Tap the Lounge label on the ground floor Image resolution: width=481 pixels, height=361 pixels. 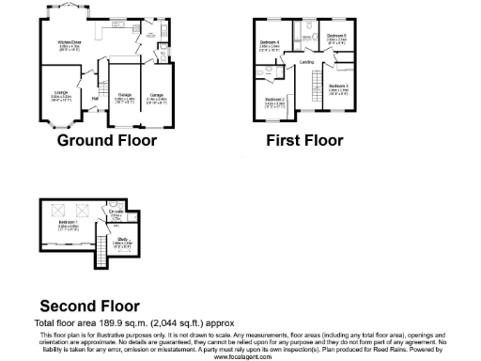click(60, 91)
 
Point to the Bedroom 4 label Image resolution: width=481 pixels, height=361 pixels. click(270, 42)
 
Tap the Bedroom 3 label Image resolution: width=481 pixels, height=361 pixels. click(338, 86)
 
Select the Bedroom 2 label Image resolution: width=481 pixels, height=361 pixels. click(274, 99)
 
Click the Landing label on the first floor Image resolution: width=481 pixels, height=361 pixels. click(306, 62)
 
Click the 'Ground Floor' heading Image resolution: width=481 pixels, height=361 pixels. click(107, 141)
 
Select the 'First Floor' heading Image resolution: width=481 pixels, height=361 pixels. click(304, 141)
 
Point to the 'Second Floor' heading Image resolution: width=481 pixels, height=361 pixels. click(89, 306)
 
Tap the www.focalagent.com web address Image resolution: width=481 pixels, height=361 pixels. click(240, 357)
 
